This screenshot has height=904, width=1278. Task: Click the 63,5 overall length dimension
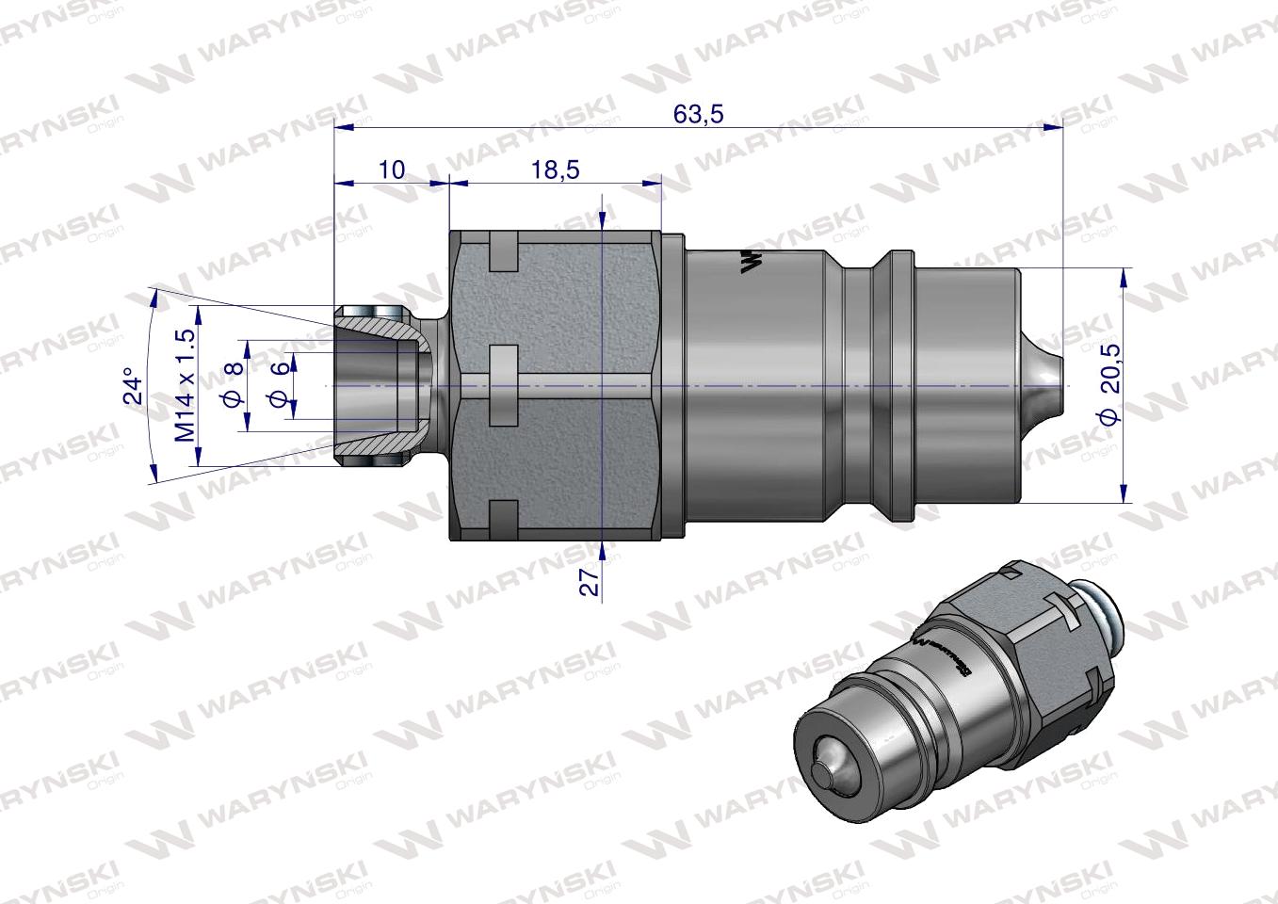(698, 115)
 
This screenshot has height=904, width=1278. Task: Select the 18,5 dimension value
(555, 169)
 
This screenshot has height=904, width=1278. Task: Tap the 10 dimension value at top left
(391, 169)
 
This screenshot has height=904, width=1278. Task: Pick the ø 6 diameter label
(278, 385)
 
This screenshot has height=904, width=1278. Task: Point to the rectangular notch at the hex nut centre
(504, 366)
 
